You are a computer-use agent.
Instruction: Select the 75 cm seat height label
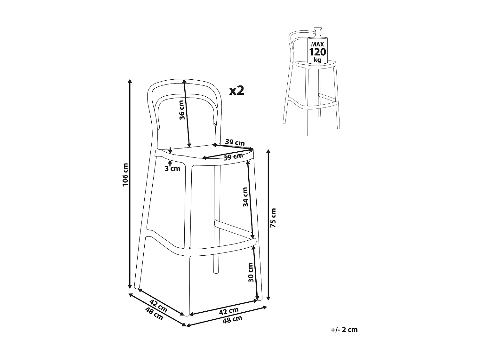pyautogui.click(x=273, y=218)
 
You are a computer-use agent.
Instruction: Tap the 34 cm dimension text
pyautogui.click(x=245, y=196)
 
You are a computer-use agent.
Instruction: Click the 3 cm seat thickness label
pyautogui.click(x=172, y=168)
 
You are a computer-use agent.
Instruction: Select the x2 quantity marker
pyautogui.click(x=237, y=91)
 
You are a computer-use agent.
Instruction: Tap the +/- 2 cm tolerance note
pyautogui.click(x=344, y=330)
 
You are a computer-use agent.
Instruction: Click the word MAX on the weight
pyautogui.click(x=317, y=44)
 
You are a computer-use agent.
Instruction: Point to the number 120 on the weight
pyautogui.click(x=317, y=52)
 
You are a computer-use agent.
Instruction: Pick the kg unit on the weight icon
pyautogui.click(x=317, y=60)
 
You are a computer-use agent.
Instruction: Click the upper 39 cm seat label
pyautogui.click(x=235, y=142)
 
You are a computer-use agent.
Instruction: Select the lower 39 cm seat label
pyautogui.click(x=233, y=157)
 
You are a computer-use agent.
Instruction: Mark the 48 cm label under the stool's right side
pyautogui.click(x=233, y=319)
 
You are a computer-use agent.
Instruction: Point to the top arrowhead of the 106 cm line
pyautogui.click(x=130, y=81)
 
